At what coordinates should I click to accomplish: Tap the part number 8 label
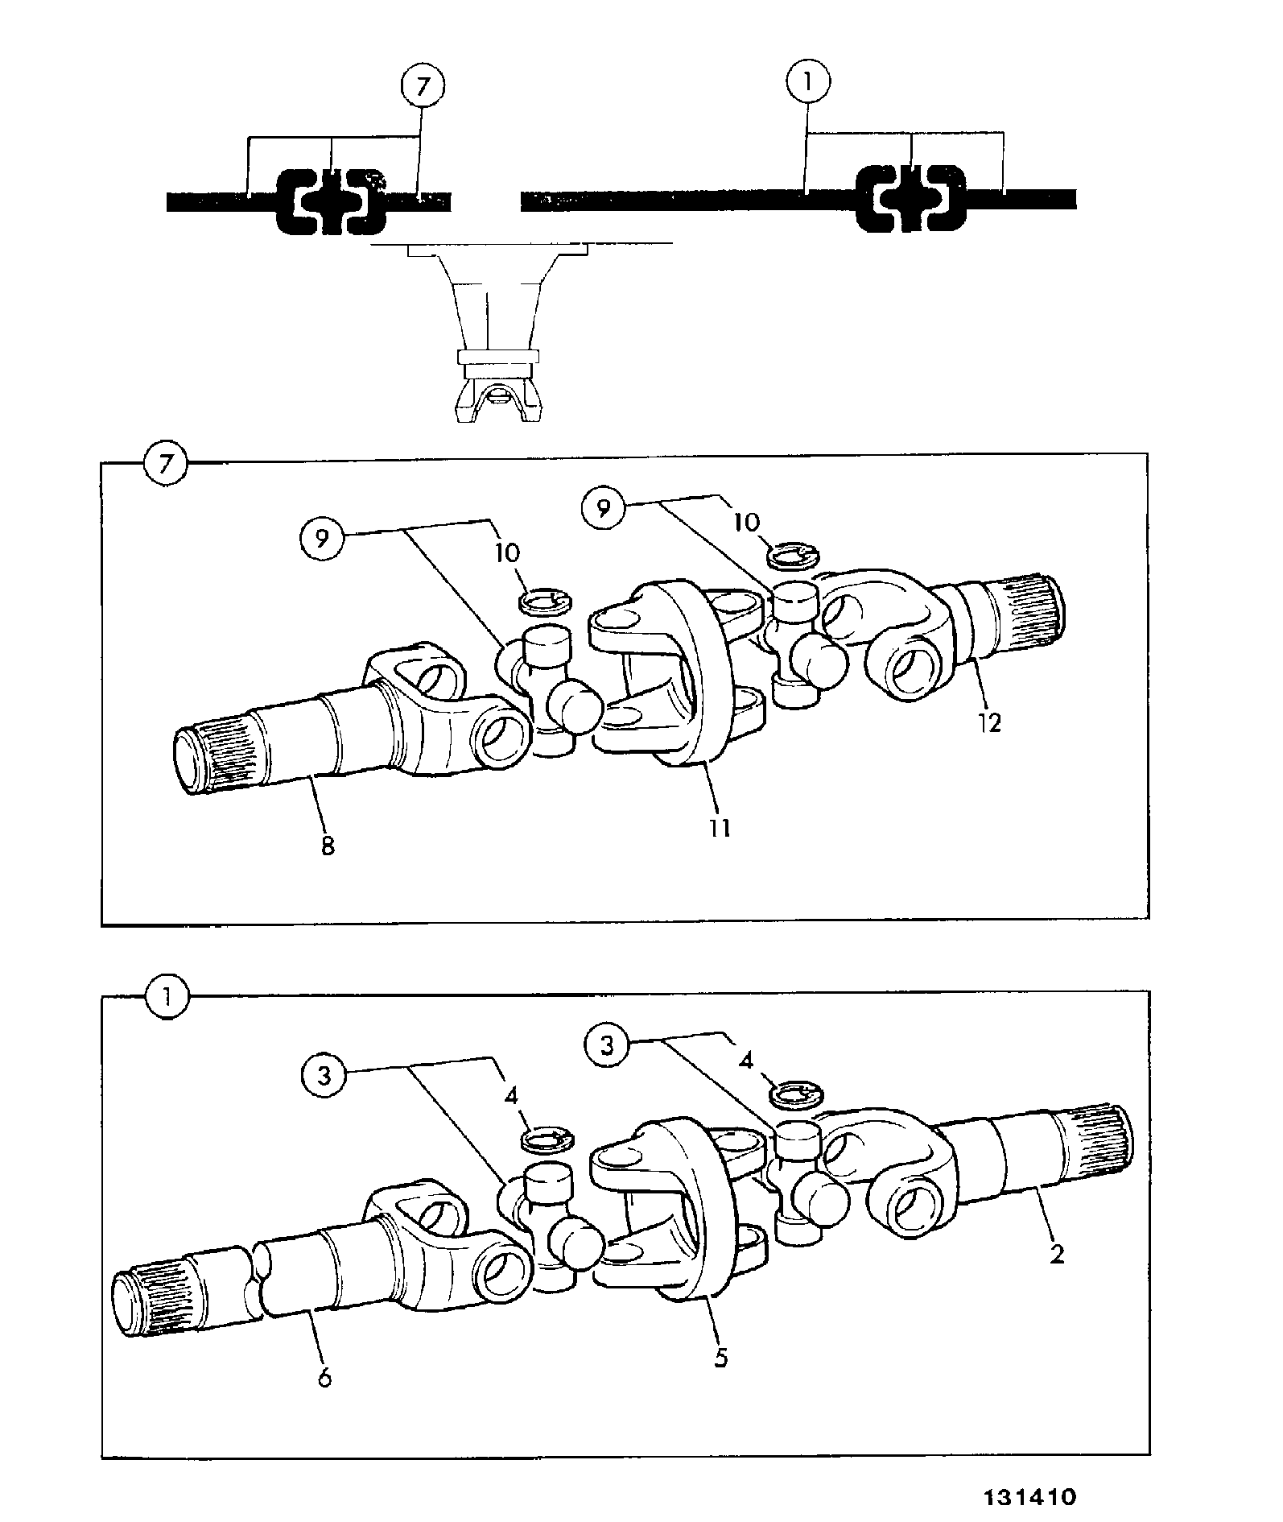click(328, 846)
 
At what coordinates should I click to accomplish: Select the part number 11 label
click(720, 827)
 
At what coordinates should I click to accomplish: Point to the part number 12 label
click(989, 722)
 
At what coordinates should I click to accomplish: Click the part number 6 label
click(324, 1378)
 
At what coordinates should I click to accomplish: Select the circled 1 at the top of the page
click(808, 82)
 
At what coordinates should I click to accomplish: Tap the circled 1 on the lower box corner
click(167, 999)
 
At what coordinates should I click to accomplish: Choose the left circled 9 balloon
click(322, 538)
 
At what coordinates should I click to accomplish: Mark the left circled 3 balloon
click(324, 1077)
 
